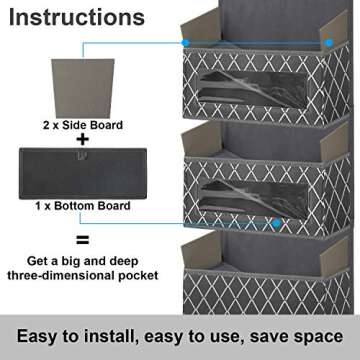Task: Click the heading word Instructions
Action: click(77, 18)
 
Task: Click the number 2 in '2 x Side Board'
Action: click(43, 125)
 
